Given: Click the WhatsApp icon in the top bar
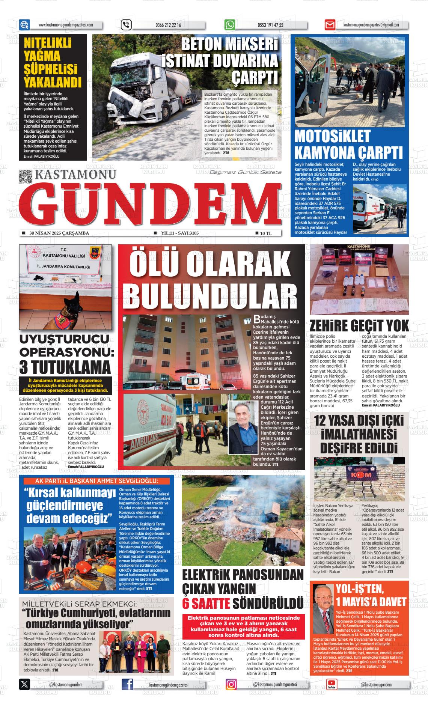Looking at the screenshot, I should pyautogui.click(x=229, y=25).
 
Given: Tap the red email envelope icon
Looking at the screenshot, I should pyautogui.click(x=330, y=25).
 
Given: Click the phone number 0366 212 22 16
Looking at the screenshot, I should pyautogui.click(x=168, y=25).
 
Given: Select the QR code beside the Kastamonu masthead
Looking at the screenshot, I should pyautogui.click(x=25, y=176).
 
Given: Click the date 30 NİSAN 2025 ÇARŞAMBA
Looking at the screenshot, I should pyautogui.click(x=59, y=233).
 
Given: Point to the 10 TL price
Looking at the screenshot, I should pyautogui.click(x=265, y=233).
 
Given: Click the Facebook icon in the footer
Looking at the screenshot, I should pyautogui.click(x=128, y=684).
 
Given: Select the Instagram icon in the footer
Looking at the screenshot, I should pyautogui.click(x=231, y=684).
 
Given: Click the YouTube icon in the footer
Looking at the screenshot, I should pyautogui.click(x=331, y=684).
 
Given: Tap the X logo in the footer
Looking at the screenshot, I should pyautogui.click(x=24, y=684).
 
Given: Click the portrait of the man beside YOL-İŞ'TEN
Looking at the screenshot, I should pyautogui.click(x=323, y=604).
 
